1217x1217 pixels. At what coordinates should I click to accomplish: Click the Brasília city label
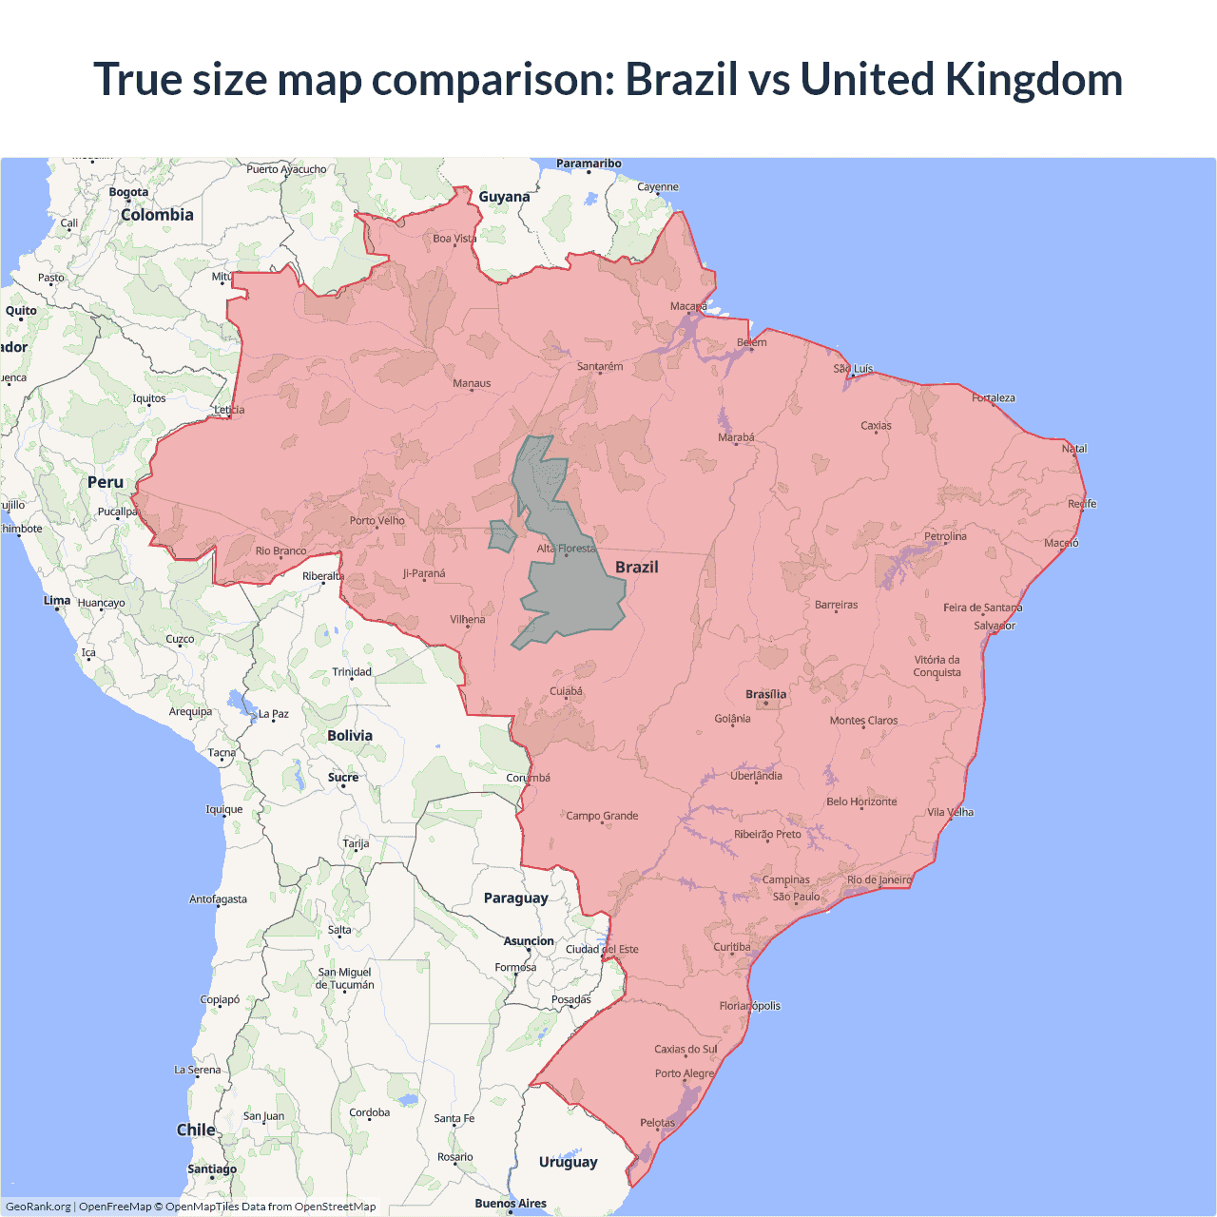[765, 694]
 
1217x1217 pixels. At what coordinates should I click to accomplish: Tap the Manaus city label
[472, 383]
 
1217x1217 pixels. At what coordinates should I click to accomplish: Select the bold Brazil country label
[636, 567]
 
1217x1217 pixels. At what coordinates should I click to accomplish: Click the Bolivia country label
[350, 735]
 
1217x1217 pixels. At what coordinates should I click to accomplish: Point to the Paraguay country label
[515, 898]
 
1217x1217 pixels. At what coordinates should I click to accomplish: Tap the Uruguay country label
[568, 1161]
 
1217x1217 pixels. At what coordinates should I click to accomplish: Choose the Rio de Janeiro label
[879, 879]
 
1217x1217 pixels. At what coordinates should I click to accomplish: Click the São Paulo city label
[796, 897]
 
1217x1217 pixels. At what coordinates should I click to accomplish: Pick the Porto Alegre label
[684, 1073]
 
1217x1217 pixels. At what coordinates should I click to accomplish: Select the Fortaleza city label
[993, 397]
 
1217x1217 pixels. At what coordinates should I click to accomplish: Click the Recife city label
[1081, 504]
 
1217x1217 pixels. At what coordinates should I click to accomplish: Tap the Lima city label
[57, 600]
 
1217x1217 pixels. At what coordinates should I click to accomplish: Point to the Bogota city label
[128, 192]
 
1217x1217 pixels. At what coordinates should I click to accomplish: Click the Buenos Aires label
[511, 1203]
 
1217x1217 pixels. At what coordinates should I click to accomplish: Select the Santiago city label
[212, 1169]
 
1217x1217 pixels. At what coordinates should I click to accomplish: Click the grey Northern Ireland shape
[502, 535]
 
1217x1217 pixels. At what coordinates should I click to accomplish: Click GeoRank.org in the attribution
[38, 1207]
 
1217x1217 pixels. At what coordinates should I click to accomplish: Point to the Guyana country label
[504, 197]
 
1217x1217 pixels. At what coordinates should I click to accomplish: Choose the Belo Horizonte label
[861, 802]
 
